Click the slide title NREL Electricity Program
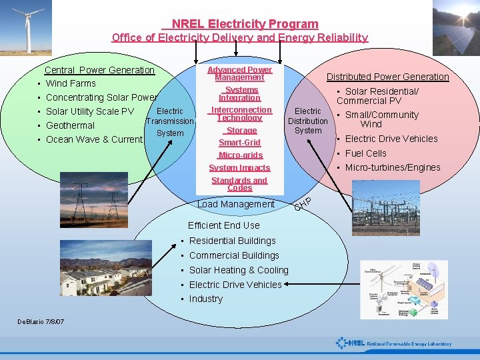coord(245,24)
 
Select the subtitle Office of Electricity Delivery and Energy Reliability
coord(240,38)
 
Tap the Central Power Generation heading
coord(99,70)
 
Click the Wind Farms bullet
coord(71,83)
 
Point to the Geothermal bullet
coord(70,125)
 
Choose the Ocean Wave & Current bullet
coord(94,139)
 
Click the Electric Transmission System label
coord(170,122)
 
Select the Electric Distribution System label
coord(307,121)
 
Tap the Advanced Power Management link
coord(239,73)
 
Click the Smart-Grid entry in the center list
coord(239,143)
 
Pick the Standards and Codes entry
coord(239,184)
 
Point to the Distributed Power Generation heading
coord(387,77)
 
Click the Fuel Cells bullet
coord(365,153)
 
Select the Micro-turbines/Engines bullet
coord(392,167)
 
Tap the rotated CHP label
coord(303,202)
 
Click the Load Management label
coord(236,204)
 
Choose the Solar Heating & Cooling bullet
coord(239,270)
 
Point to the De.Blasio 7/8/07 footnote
coord(41,321)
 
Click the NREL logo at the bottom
coord(393,344)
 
